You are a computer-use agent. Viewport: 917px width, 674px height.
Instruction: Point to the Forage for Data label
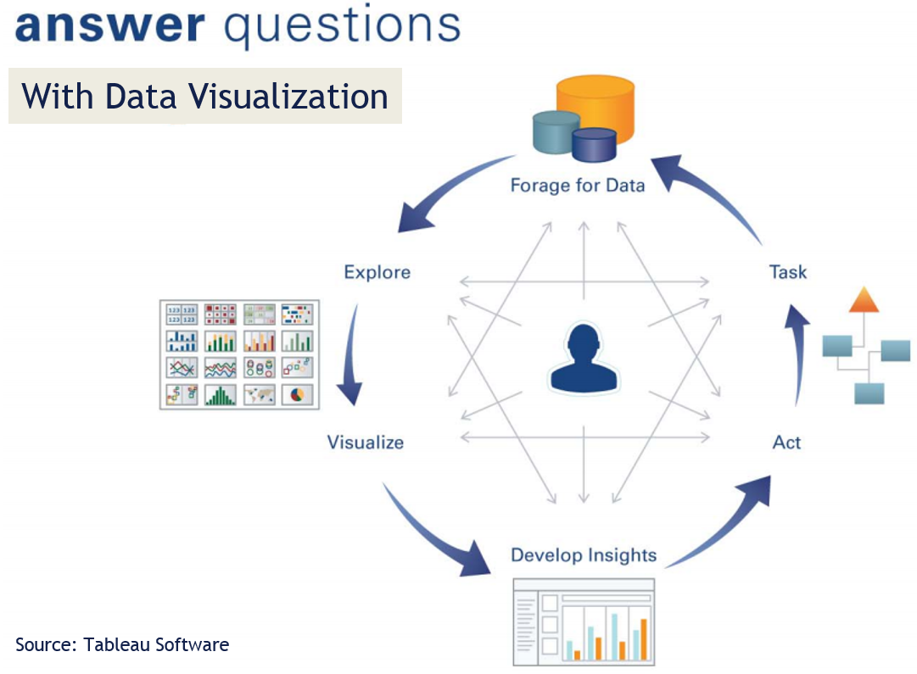[578, 185]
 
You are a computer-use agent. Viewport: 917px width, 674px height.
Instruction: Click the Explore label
[377, 272]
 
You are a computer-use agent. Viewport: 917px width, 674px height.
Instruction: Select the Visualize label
[366, 442]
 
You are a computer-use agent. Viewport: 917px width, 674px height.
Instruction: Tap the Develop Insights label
[584, 555]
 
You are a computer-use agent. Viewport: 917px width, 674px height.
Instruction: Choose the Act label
[786, 442]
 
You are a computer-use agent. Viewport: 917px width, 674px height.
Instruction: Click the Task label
[787, 272]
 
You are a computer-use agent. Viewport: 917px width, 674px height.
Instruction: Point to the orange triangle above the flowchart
[863, 300]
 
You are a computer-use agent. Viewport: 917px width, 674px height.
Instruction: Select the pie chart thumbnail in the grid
[298, 395]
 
